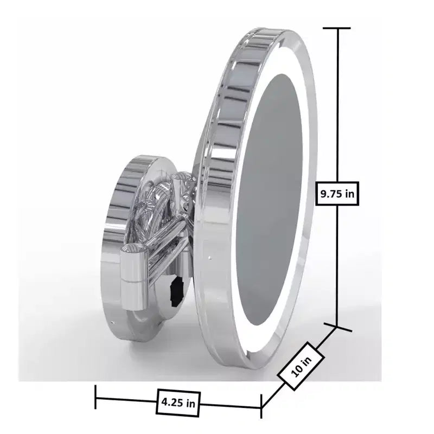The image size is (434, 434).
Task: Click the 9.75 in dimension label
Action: pos(337,194)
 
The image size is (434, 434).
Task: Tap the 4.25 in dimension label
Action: pos(178,403)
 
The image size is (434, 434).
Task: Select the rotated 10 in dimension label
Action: pos(301,366)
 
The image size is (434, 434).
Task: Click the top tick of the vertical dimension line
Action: pos(337,28)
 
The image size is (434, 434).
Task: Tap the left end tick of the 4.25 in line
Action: pos(95,397)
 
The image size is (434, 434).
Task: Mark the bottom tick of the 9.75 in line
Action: pos(337,327)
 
